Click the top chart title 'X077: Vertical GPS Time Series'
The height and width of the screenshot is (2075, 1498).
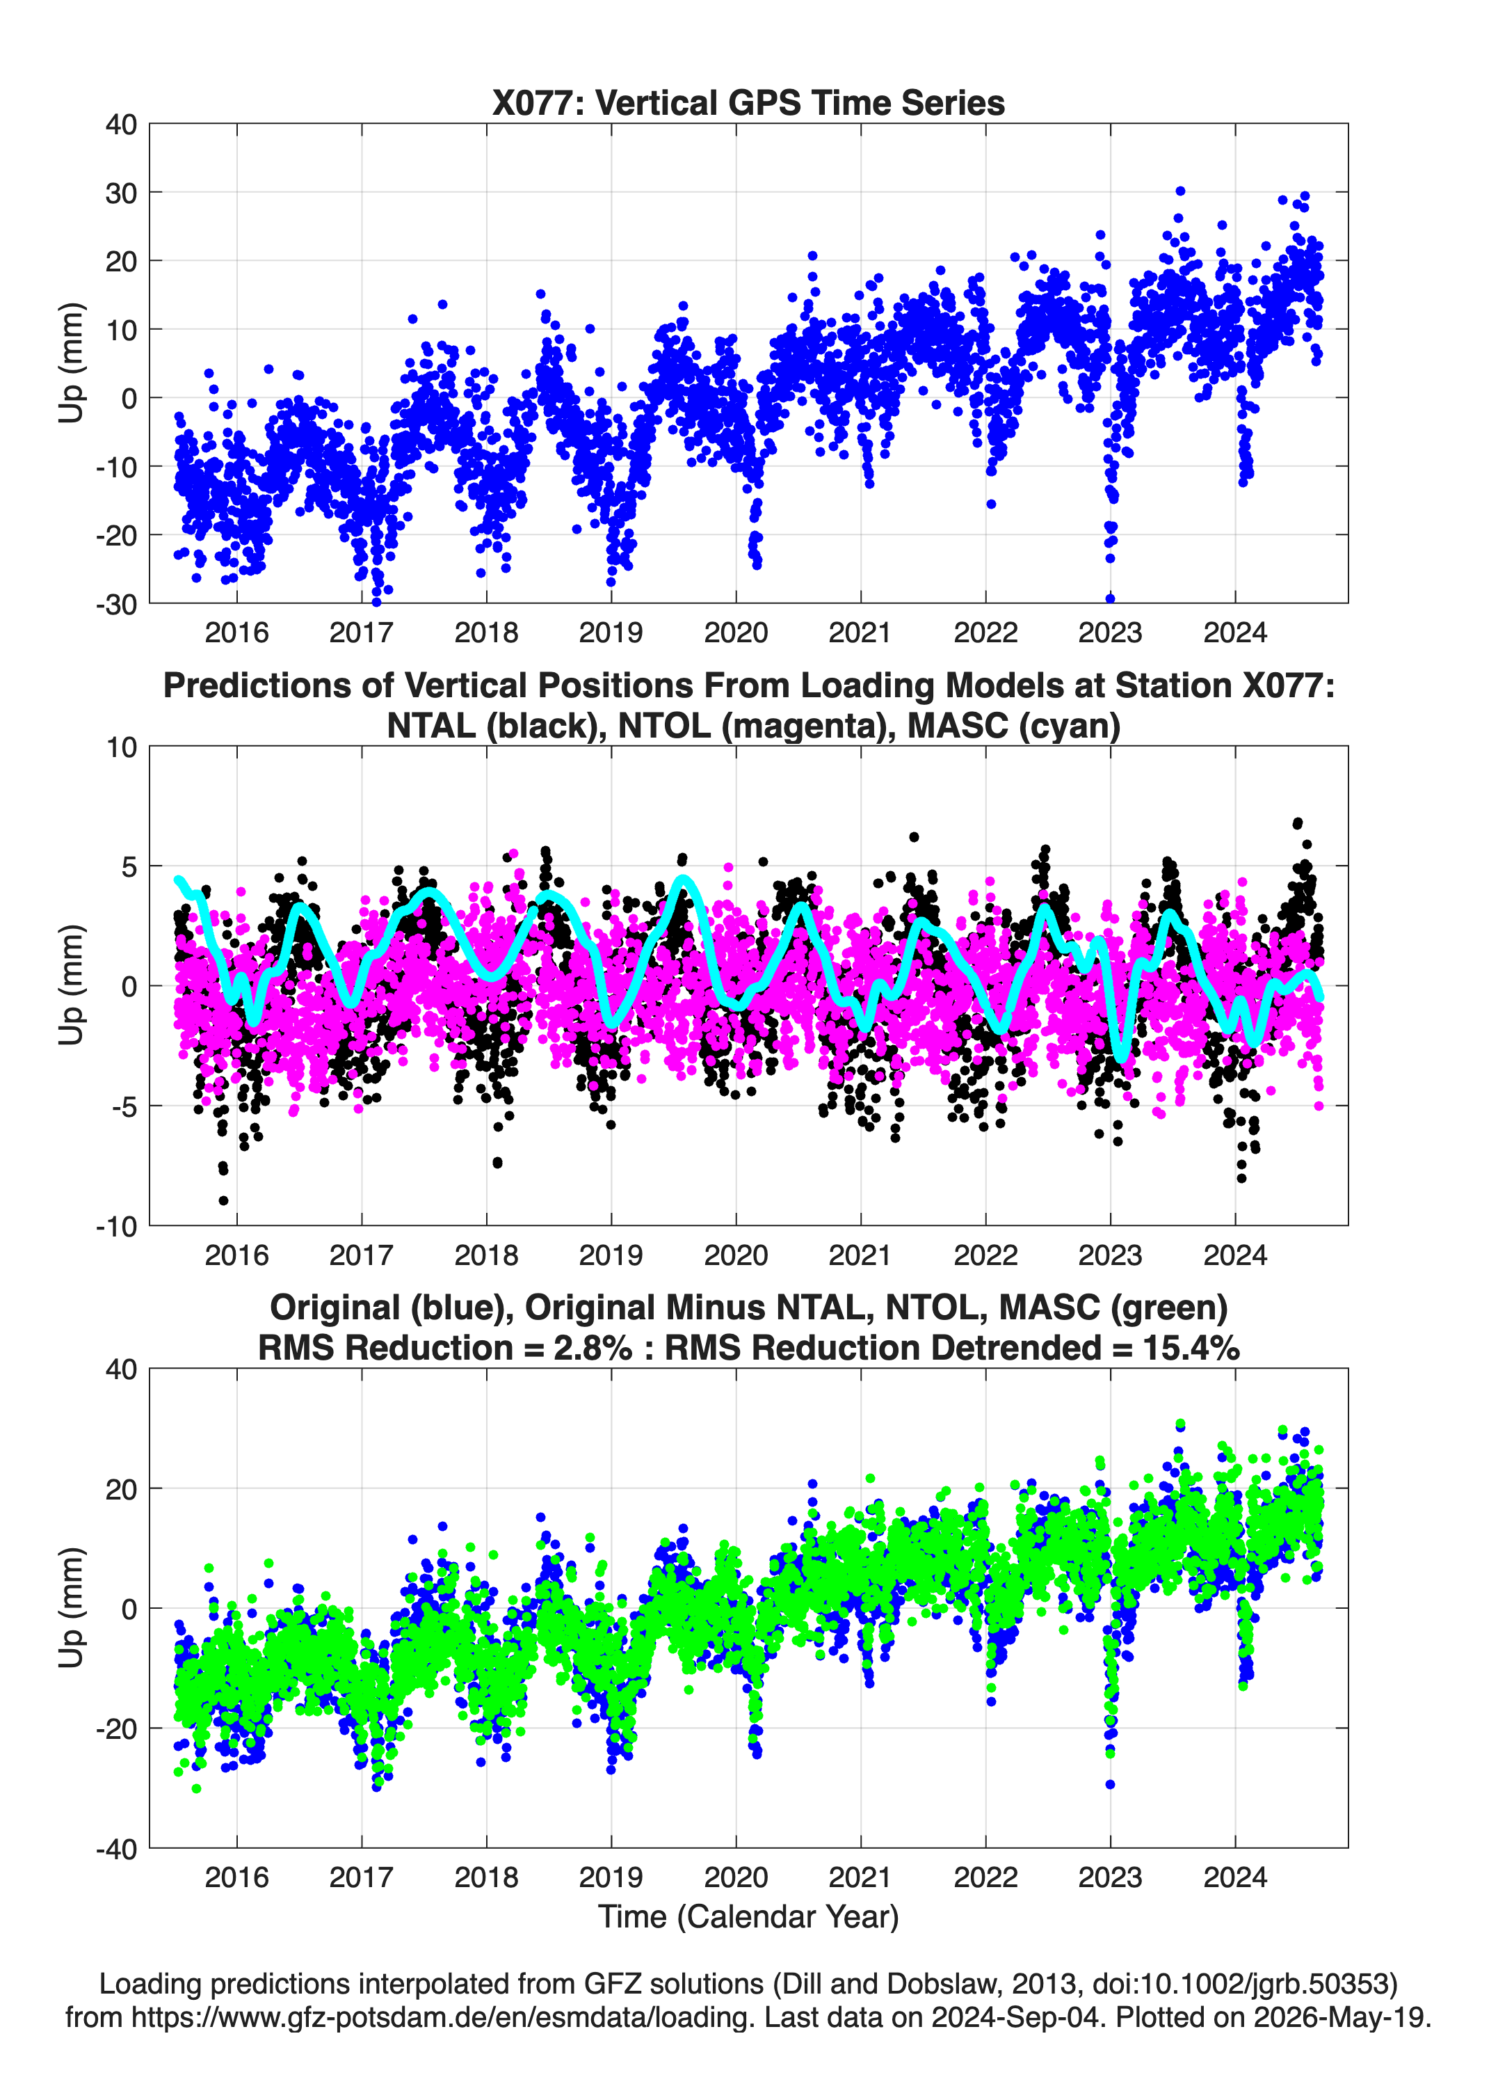point(748,102)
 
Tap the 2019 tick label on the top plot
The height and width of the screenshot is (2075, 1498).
point(611,633)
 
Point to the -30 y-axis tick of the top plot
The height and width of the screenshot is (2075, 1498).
point(116,604)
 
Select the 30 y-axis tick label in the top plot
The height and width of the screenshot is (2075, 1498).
point(121,193)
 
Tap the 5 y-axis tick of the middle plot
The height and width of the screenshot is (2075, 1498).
point(129,866)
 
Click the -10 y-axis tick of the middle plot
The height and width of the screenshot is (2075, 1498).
point(116,1226)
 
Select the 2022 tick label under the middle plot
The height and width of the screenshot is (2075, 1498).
point(985,1255)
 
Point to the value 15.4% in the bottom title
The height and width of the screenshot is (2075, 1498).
point(1191,1349)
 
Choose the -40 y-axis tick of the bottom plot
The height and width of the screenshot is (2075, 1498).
point(116,1849)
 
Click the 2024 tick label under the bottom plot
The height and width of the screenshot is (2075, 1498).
point(1234,1877)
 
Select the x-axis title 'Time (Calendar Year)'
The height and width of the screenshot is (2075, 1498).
point(748,1918)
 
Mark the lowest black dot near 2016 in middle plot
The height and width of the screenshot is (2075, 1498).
point(224,1200)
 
